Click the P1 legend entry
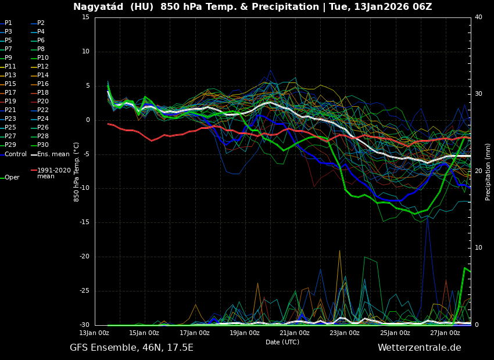tap(8, 23)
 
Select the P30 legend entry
tap(42, 145)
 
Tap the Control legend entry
tap(15, 154)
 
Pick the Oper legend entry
tap(12, 178)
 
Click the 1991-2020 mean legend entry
tap(53, 173)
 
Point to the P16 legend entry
tap(42, 84)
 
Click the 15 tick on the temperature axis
tap(85, 17)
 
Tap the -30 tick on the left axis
tap(84, 325)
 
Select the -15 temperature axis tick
tap(84, 222)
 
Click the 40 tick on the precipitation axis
tap(478, 17)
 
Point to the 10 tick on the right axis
tap(478, 248)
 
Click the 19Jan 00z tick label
tap(245, 333)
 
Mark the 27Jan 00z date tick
tap(445, 333)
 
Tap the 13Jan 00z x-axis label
tap(94, 333)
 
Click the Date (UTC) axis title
tap(282, 343)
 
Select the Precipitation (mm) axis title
tap(488, 171)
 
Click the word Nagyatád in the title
tap(96, 7)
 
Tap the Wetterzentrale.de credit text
tap(419, 348)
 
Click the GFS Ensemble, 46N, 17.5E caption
tap(131, 348)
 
